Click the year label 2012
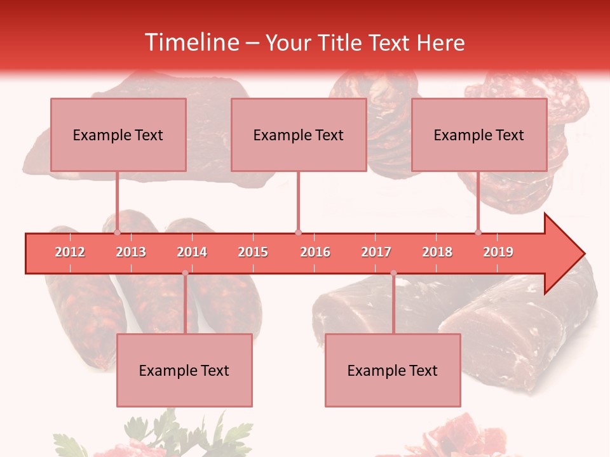(x=70, y=252)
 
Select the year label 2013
(x=131, y=252)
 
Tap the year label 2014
(x=192, y=252)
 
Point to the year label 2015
(x=253, y=252)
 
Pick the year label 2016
(x=315, y=252)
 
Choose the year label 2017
(x=376, y=252)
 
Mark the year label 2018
(x=437, y=252)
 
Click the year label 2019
(x=498, y=252)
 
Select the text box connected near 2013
(x=118, y=135)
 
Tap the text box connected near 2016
(x=299, y=135)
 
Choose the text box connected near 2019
(x=479, y=135)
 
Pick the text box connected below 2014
(x=184, y=370)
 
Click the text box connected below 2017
(x=393, y=370)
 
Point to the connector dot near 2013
(x=117, y=232)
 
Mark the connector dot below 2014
(x=185, y=273)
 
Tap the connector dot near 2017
(x=393, y=273)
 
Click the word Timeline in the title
(x=191, y=43)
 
